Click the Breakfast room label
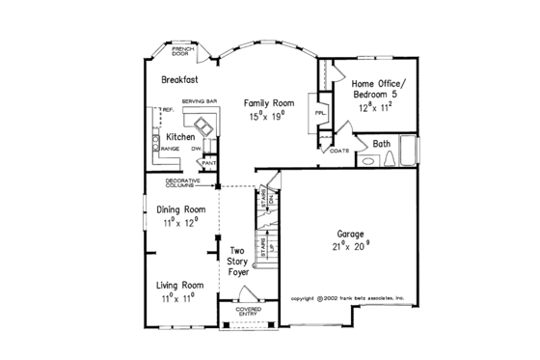pyautogui.click(x=179, y=81)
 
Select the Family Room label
pyautogui.click(x=268, y=101)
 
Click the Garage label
pyautogui.click(x=350, y=235)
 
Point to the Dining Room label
pyautogui.click(x=181, y=209)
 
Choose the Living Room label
pyautogui.click(x=180, y=286)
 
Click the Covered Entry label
pyautogui.click(x=235, y=311)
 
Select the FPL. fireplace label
pyautogui.click(x=320, y=113)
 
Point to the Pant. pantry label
pyautogui.click(x=208, y=163)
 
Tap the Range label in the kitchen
pyautogui.click(x=172, y=150)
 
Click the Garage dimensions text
pyautogui.click(x=351, y=247)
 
